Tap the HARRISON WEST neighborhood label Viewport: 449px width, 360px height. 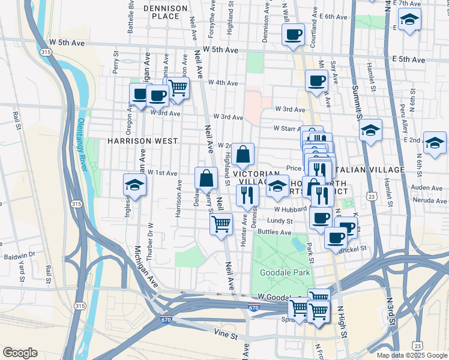(142, 141)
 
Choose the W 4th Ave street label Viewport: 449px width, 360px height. (223, 83)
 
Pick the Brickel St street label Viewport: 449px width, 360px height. (353, 248)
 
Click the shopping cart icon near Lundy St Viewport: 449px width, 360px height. (221, 224)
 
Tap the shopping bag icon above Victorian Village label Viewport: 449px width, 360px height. (243, 154)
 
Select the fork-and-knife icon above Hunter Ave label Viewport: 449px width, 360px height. (247, 194)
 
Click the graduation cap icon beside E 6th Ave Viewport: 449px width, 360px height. (410, 20)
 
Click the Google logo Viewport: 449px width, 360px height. (19, 353)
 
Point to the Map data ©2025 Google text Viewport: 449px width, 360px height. (411, 355)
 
